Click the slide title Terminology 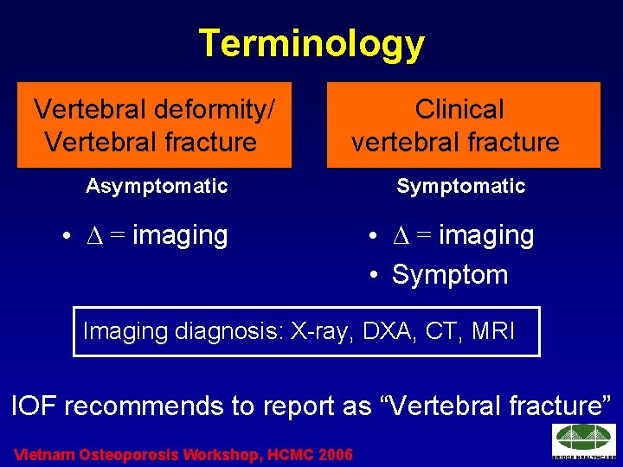click(x=311, y=43)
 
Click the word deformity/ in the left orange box click(x=216, y=110)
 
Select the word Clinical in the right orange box click(x=459, y=110)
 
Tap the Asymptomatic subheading click(x=157, y=186)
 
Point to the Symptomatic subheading click(x=461, y=186)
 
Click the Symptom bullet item click(x=449, y=275)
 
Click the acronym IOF click(x=35, y=406)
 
